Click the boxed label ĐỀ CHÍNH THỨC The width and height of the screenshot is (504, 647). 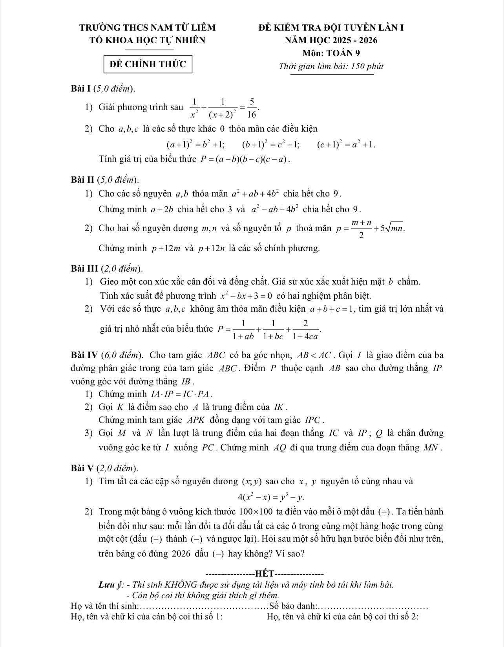[x=148, y=64]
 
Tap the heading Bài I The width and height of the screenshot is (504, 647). [x=82, y=88]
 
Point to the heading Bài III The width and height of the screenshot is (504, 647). [x=85, y=268]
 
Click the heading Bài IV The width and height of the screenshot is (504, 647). [x=85, y=355]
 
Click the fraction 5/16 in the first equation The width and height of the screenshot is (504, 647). [x=252, y=108]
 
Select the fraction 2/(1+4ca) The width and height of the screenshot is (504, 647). [x=305, y=329]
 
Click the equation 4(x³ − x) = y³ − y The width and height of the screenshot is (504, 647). [x=271, y=497]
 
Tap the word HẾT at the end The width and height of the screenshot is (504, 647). [x=264, y=572]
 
